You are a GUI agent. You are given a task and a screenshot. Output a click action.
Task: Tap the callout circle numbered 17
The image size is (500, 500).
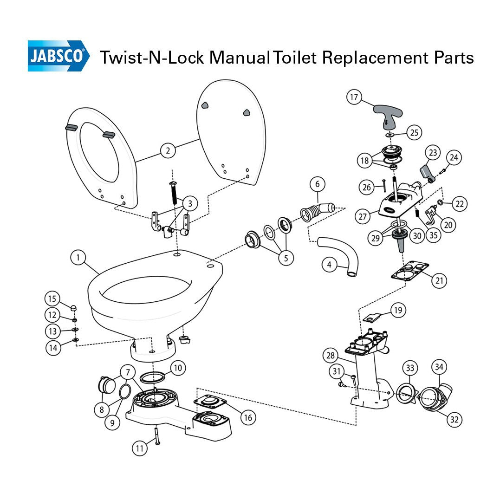354,97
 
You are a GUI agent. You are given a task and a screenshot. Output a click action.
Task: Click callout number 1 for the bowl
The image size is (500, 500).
78,257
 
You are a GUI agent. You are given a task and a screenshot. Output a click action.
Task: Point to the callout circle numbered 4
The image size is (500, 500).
330,265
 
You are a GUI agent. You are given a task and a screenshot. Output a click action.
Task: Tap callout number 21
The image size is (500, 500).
439,280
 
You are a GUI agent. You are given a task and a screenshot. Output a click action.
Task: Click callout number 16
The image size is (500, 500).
248,417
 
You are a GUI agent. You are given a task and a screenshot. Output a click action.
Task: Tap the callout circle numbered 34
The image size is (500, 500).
439,367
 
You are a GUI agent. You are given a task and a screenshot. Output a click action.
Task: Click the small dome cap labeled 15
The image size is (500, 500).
73,307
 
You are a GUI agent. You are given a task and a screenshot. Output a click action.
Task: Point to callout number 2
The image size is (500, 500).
168,150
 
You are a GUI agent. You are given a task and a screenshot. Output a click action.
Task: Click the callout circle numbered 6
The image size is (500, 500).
318,184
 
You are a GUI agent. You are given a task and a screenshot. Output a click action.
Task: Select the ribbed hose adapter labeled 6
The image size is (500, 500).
317,209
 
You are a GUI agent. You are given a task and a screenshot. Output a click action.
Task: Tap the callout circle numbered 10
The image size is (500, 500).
178,368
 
